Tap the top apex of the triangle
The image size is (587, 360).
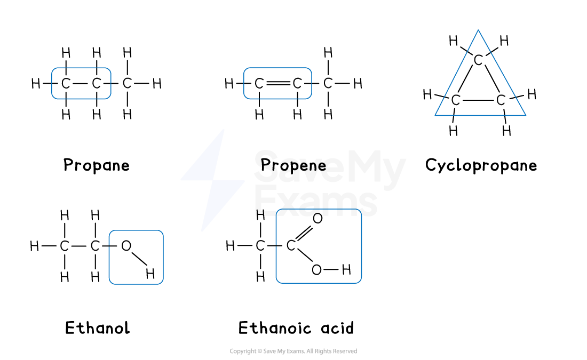pos(478,30)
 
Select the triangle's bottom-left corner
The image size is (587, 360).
pos(435,115)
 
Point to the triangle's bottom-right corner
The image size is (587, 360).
pos(526,115)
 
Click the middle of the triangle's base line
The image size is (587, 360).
pos(480,115)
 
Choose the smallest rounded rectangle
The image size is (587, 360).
pos(81,83)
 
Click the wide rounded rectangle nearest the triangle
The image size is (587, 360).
pos(277,83)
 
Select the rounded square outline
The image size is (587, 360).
pos(136,257)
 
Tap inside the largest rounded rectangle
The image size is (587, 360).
pos(319,246)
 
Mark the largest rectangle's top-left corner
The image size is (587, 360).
pos(277,211)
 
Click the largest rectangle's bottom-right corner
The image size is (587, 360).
pos(360,282)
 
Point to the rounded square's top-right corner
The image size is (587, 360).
pos(162,232)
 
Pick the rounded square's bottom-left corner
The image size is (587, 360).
pos(110,283)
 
